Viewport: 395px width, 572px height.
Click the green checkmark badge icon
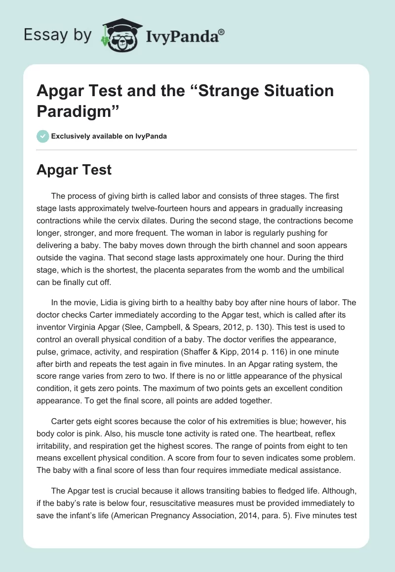tap(43, 136)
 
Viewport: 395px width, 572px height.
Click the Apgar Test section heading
tap(74, 170)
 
